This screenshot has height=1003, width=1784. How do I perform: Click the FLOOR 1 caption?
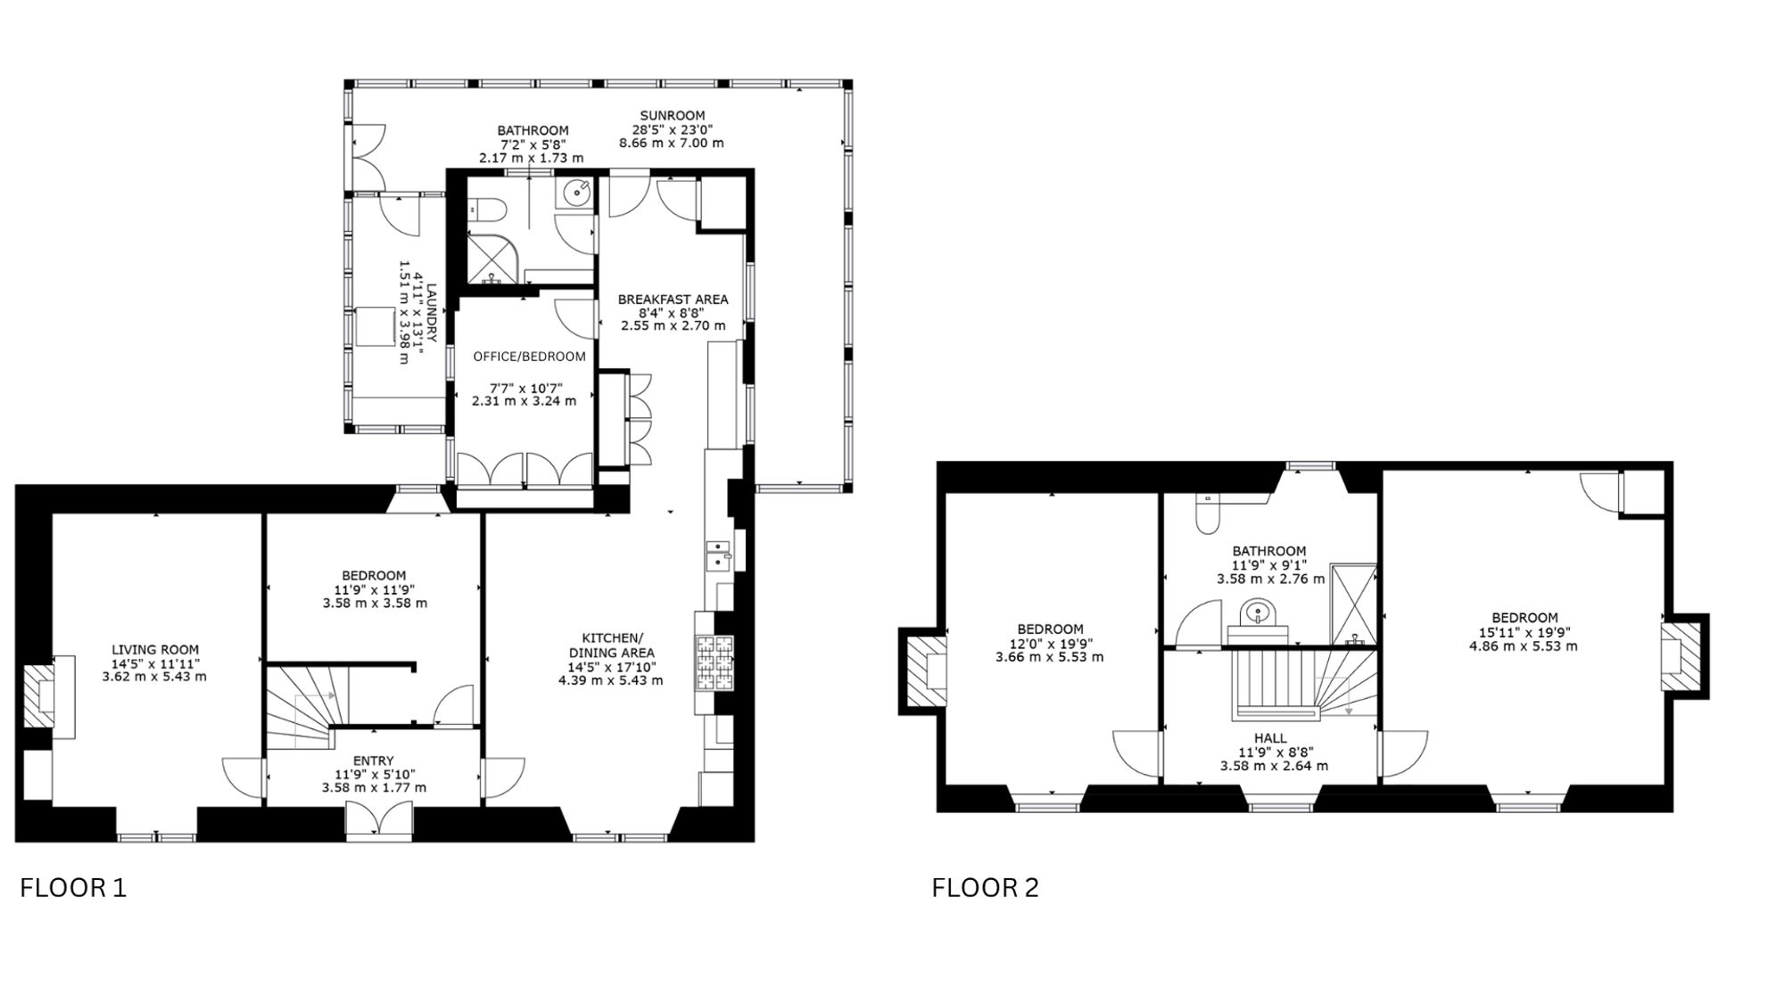73,888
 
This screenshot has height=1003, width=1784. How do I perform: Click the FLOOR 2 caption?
986,888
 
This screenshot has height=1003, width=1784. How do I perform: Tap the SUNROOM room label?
673,115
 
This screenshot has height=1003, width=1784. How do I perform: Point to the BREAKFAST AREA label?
673,300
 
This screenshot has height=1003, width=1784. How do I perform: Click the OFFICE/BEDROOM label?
530,357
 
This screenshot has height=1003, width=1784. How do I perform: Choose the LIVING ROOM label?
155,650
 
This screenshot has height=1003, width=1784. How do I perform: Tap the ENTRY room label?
374,760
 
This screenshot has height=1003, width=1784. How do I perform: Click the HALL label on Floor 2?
1270,738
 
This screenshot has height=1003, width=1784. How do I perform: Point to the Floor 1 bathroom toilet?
488,210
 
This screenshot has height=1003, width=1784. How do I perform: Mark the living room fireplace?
40,695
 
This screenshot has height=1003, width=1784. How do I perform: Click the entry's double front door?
380,820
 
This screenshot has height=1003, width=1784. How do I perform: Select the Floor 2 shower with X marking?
1353,604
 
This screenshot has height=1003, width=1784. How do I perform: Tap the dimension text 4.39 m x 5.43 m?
611,680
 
